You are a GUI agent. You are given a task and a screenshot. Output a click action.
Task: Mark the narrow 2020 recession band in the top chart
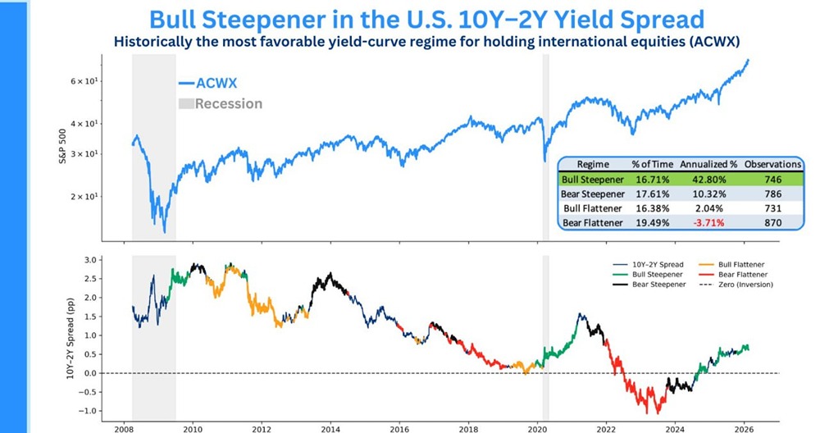(x=545, y=148)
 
